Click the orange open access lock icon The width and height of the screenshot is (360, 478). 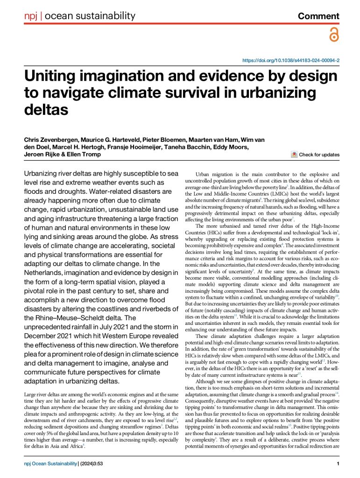333,35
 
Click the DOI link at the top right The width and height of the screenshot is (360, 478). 290,61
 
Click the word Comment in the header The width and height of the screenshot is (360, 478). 318,16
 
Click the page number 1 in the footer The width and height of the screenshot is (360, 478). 338,464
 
